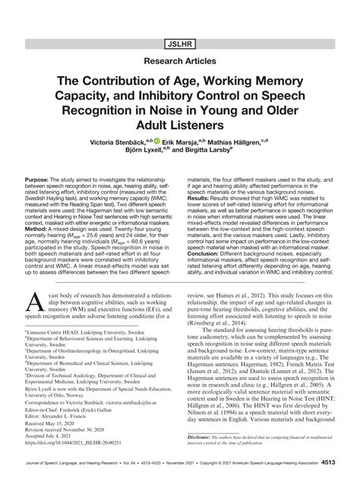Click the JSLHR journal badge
tap(179, 15)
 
